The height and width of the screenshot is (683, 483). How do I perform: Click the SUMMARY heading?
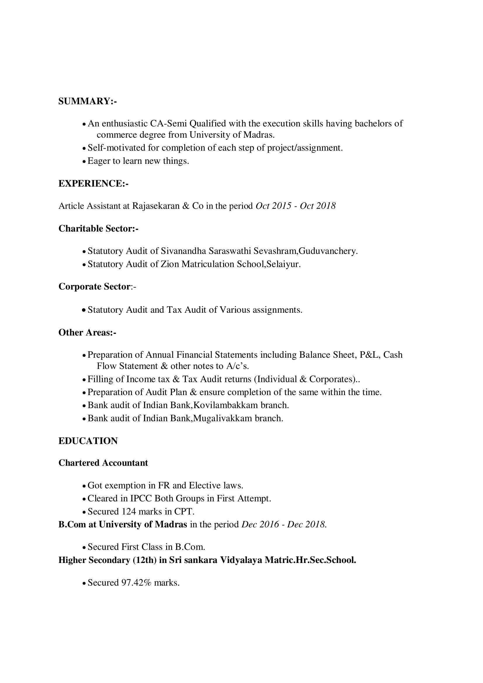[x=87, y=101]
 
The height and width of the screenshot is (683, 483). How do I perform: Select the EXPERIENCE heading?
[x=93, y=184]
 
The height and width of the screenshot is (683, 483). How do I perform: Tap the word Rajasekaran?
[x=155, y=206]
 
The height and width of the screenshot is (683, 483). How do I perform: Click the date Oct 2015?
[x=273, y=206]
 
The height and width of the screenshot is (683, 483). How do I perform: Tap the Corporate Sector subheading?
[x=94, y=286]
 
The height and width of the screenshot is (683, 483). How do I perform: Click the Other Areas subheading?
[x=87, y=332]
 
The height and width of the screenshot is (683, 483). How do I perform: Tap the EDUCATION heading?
[x=88, y=441]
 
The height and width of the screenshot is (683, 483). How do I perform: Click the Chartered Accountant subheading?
[x=103, y=463]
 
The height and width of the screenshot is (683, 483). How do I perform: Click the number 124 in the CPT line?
[x=129, y=511]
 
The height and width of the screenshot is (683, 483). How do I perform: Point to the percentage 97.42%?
[x=136, y=583]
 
